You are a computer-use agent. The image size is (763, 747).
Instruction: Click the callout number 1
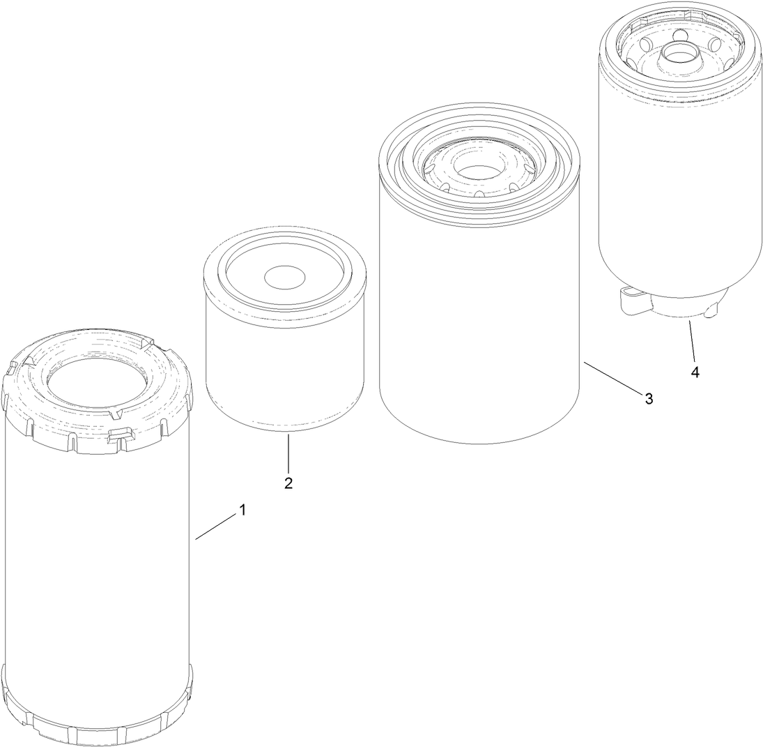pyautogui.click(x=242, y=511)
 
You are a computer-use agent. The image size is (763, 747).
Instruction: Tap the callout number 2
pyautogui.click(x=288, y=483)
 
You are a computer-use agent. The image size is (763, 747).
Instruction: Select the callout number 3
pyautogui.click(x=649, y=398)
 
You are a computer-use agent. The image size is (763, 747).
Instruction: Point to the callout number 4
pyautogui.click(x=695, y=372)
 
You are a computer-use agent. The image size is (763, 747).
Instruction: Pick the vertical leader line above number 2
pyautogui.click(x=288, y=453)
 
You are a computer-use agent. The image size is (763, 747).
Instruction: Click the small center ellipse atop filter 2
pyautogui.click(x=286, y=276)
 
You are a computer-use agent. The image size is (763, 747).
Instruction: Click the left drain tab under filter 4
pyautogui.click(x=630, y=302)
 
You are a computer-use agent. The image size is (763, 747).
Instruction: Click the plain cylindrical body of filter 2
pyautogui.click(x=286, y=370)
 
